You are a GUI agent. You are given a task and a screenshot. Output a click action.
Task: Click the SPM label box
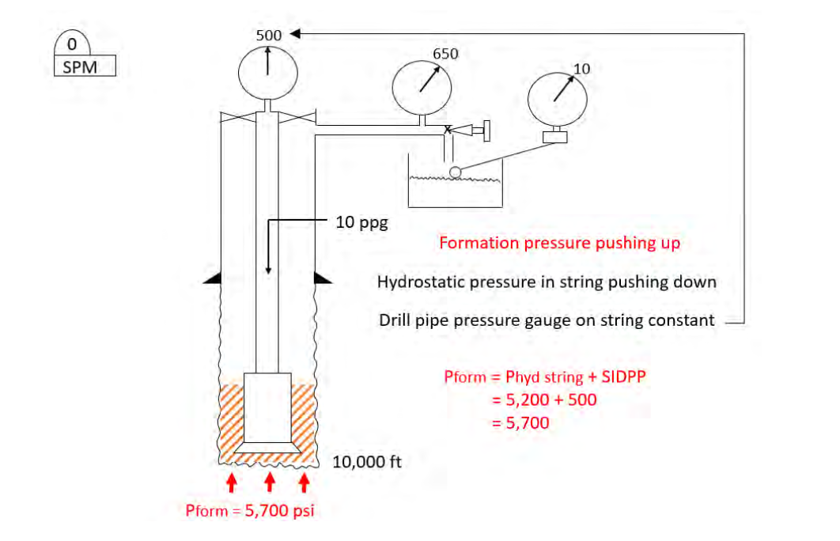click(85, 66)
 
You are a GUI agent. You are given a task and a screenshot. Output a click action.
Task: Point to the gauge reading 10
click(563, 98)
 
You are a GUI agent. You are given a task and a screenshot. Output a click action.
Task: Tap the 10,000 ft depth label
click(367, 462)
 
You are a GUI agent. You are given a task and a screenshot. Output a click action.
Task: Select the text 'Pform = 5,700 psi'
click(249, 510)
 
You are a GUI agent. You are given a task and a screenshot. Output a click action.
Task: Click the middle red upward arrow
click(269, 482)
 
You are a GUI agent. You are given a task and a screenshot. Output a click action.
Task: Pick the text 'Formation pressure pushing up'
click(559, 243)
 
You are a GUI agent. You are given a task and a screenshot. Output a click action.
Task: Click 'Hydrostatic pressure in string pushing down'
click(547, 282)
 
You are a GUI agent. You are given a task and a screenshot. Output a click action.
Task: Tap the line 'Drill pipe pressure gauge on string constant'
click(547, 320)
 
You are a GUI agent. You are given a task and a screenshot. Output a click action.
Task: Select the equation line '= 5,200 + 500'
click(544, 399)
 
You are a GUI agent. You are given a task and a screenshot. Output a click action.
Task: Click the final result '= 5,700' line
click(520, 422)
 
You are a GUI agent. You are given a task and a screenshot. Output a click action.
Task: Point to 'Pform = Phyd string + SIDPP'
click(545, 376)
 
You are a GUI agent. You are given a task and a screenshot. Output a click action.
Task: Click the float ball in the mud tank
click(455, 172)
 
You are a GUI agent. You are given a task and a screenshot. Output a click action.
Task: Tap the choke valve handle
click(486, 129)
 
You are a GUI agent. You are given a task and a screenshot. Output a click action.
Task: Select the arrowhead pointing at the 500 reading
click(294, 34)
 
